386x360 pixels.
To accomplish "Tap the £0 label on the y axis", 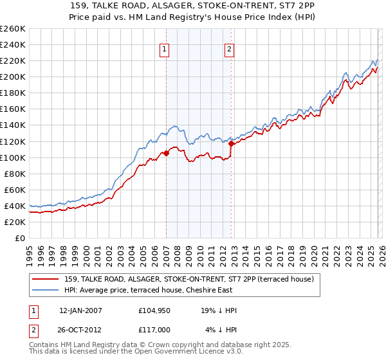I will [20, 238].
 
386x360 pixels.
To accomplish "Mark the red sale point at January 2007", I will [166, 153].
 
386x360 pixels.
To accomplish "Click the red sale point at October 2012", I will [231, 143].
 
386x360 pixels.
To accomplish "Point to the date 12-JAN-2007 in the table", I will [80, 310].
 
